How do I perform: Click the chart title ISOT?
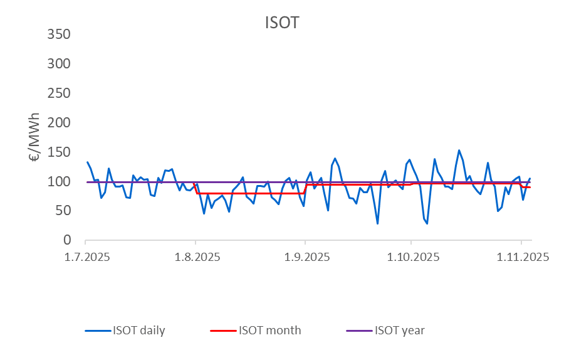(281, 23)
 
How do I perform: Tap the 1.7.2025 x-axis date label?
(85, 257)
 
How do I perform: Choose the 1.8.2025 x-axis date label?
(195, 257)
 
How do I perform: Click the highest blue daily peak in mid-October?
(459, 151)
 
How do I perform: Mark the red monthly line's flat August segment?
(251, 193)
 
